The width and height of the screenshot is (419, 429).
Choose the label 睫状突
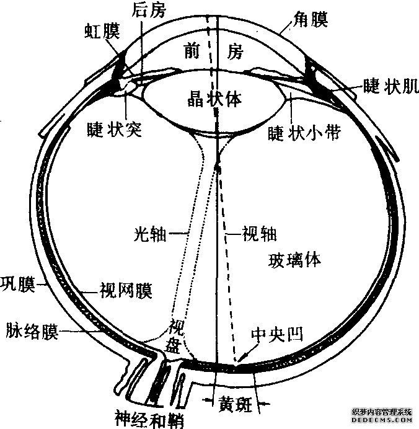(114, 129)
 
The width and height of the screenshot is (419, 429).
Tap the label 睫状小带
(304, 132)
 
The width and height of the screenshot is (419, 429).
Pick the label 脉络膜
(31, 332)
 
